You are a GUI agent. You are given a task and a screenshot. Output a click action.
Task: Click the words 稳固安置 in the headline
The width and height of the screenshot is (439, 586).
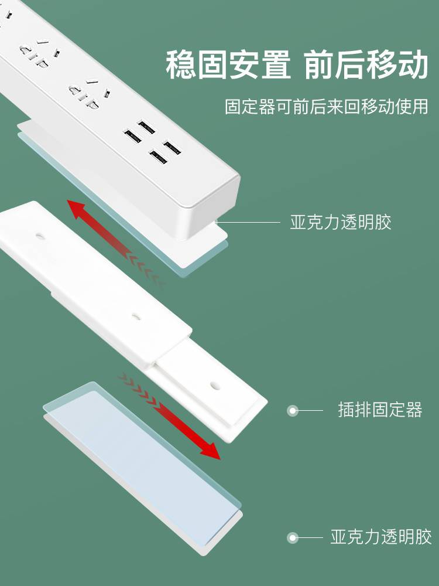coord(228,64)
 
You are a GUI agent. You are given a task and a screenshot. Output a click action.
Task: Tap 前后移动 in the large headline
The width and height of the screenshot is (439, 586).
coord(366,64)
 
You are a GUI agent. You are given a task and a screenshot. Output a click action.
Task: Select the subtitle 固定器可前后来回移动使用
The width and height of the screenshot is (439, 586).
coord(327,107)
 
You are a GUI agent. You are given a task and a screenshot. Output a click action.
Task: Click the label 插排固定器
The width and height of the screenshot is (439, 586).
coord(380,410)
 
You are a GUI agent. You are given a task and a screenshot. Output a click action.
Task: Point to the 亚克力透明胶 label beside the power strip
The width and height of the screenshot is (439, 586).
coord(341,222)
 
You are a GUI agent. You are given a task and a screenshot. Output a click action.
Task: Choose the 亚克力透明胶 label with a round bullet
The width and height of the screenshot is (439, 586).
coord(381,537)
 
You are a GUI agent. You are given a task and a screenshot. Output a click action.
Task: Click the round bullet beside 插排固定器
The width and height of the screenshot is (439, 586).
coord(293,411)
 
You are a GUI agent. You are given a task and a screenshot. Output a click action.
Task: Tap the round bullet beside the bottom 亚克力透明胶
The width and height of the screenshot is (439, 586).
coord(293,538)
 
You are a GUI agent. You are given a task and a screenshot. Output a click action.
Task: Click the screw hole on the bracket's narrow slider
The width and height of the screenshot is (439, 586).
coord(215,385)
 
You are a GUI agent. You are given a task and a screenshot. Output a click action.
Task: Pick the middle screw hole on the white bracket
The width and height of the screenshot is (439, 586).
coord(136,318)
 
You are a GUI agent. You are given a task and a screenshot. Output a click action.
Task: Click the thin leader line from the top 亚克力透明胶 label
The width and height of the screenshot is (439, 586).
coord(248,222)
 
